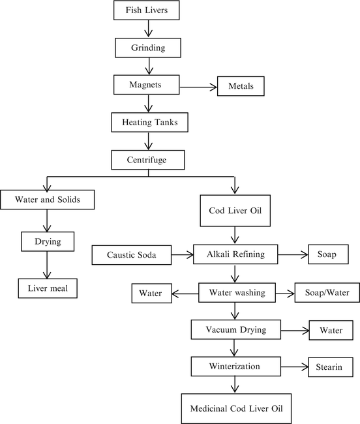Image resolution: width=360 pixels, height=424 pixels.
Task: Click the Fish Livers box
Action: (151, 11)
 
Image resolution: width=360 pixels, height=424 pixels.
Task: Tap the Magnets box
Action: (146, 85)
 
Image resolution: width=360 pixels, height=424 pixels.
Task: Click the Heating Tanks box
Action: (150, 122)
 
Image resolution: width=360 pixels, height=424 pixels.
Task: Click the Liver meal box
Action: (46, 286)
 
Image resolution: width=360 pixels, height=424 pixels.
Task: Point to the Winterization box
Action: (234, 367)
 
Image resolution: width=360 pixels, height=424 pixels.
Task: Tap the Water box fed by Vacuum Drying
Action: (331, 331)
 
